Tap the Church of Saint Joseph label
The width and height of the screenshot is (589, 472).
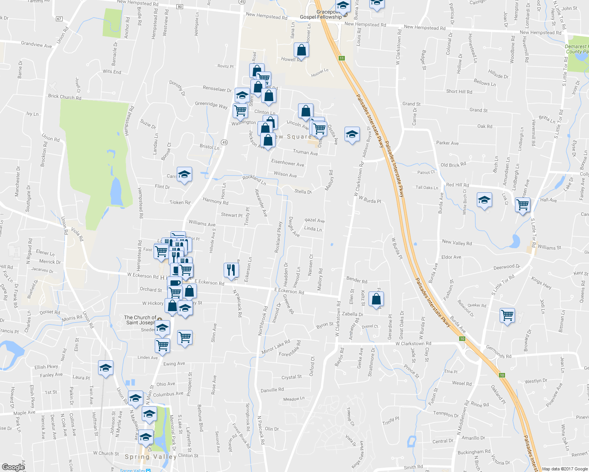click(x=140, y=320)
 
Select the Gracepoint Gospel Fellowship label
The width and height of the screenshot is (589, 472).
click(x=321, y=15)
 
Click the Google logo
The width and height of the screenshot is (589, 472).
click(x=13, y=467)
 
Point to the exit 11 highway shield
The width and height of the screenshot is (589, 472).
click(x=341, y=58)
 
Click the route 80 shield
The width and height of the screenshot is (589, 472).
click(x=180, y=7)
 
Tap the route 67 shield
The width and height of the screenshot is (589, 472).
click(x=59, y=18)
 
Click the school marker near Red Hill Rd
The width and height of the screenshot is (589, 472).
click(x=484, y=200)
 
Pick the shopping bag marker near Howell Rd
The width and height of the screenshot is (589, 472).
click(x=301, y=50)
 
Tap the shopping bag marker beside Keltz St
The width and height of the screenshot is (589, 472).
click(x=376, y=299)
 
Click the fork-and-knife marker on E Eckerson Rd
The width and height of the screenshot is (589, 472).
click(x=231, y=269)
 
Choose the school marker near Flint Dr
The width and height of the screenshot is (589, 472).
click(x=184, y=174)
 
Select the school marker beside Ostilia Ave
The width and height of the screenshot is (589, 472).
click(x=352, y=134)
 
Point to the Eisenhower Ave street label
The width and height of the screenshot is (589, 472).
click(x=287, y=162)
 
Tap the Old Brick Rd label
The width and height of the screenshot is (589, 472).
click(x=453, y=165)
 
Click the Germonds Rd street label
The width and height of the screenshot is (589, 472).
click(x=498, y=352)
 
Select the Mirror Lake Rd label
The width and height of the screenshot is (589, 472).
click(x=276, y=347)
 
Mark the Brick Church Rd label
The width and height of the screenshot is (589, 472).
click(x=65, y=97)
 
